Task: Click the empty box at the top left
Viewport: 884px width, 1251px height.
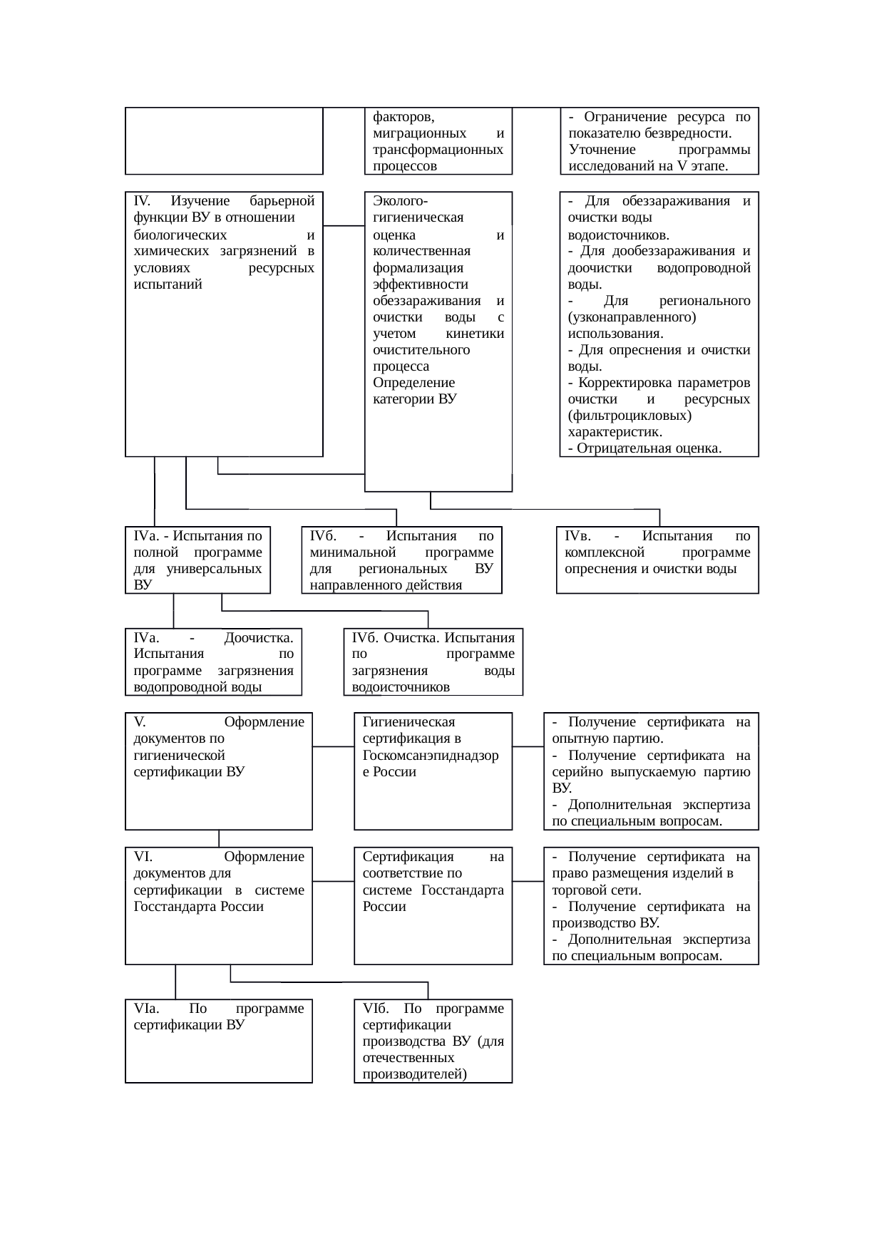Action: tap(224, 140)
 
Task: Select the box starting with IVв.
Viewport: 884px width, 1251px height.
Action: tap(657, 560)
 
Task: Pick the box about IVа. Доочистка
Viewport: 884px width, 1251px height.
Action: tap(213, 661)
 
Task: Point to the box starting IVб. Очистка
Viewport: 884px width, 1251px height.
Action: tap(433, 661)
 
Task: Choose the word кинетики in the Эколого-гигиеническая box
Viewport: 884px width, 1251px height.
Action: tap(474, 334)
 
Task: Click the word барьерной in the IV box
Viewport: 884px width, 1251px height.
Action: tap(283, 201)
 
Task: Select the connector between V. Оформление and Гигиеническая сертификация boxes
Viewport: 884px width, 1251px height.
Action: tap(333, 747)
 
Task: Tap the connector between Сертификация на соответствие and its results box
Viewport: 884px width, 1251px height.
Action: tap(528, 881)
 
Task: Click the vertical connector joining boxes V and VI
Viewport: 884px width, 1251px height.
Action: tap(219, 838)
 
